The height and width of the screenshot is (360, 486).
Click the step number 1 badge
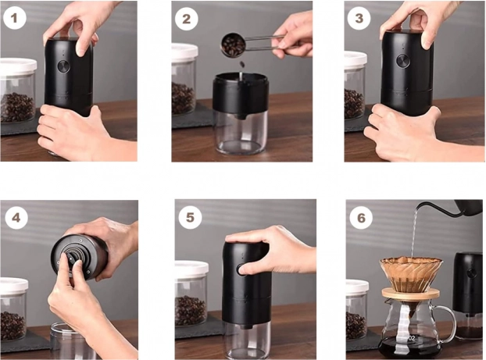click(13, 18)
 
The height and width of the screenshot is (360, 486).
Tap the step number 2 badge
click(186, 19)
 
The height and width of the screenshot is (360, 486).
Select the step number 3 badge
click(359, 18)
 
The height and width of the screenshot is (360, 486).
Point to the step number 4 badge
click(16, 218)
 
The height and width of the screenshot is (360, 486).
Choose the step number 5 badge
click(190, 218)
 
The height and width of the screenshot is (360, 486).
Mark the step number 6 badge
click(361, 218)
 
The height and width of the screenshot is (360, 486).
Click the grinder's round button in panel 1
click(63, 66)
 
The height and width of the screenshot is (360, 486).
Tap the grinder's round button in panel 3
click(403, 61)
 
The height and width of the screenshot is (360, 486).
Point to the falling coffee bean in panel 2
click(242, 64)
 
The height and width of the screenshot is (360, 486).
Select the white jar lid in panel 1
click(18, 66)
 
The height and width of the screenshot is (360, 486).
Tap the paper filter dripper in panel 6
click(411, 273)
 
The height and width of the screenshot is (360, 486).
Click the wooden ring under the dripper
click(411, 294)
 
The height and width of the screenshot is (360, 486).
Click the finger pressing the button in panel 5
click(245, 269)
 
